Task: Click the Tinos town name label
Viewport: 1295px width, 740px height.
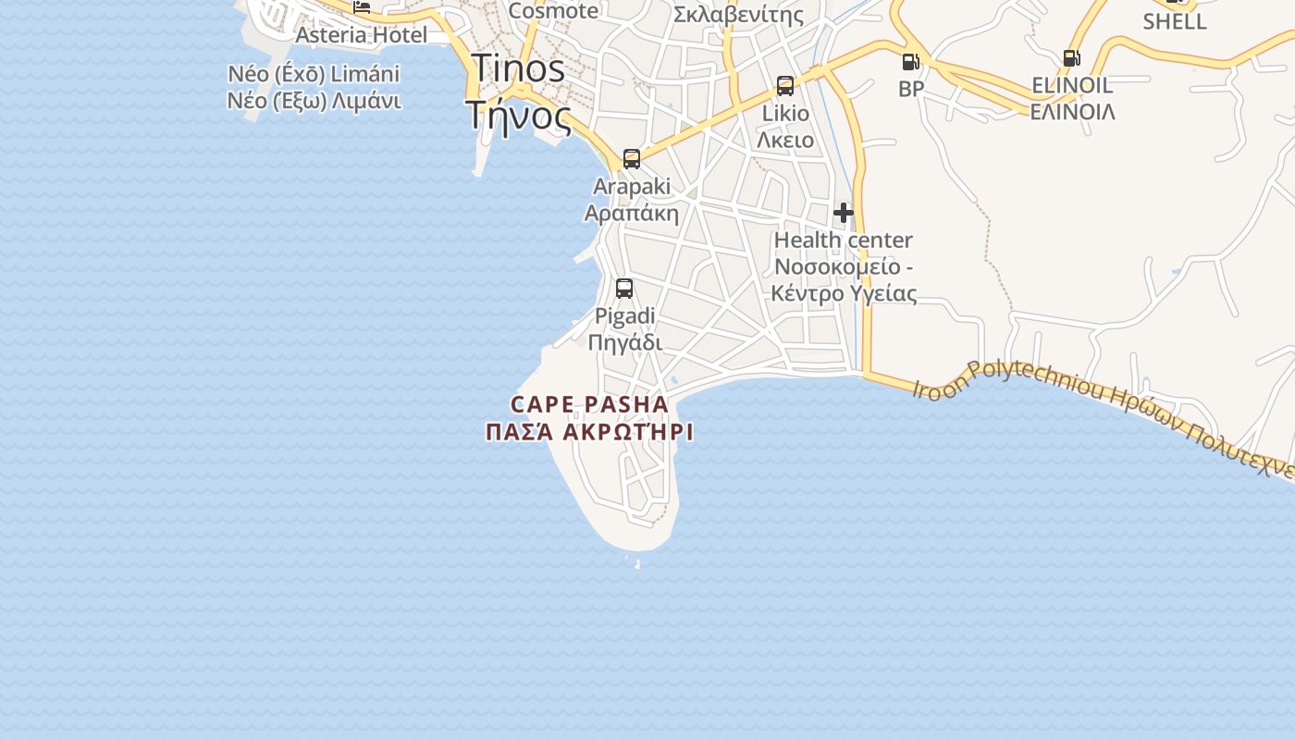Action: (x=517, y=69)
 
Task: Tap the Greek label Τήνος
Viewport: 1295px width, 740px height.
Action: (x=517, y=116)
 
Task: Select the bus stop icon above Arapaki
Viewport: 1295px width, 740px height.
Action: (x=632, y=158)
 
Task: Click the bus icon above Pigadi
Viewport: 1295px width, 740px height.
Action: (x=624, y=288)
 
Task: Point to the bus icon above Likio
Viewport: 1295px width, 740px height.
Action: (x=785, y=86)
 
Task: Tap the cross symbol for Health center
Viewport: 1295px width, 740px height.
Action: (x=843, y=213)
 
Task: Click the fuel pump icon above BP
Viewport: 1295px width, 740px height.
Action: (x=911, y=62)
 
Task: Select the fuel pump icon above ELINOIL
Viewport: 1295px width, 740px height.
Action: (x=1072, y=58)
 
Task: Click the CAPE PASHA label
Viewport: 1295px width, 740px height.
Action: (x=589, y=404)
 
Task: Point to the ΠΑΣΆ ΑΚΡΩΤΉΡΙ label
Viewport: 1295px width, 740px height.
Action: (x=589, y=432)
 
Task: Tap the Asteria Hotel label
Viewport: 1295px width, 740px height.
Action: (x=361, y=35)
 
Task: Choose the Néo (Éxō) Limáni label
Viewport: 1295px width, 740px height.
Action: (x=314, y=74)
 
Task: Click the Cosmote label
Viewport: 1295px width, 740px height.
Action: (x=553, y=11)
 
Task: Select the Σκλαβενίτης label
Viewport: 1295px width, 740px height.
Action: (x=738, y=15)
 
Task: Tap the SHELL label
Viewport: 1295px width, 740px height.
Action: (x=1175, y=21)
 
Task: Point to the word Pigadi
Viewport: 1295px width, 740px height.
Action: (x=624, y=316)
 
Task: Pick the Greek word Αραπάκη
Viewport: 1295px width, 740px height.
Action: (x=632, y=214)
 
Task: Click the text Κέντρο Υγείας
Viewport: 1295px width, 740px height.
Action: (x=845, y=294)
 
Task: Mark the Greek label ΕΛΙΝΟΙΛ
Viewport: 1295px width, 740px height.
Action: (x=1072, y=112)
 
